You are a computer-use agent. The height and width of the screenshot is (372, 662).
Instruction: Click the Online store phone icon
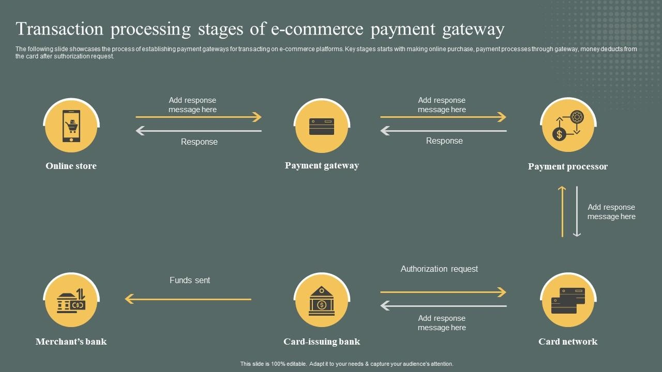tap(71, 126)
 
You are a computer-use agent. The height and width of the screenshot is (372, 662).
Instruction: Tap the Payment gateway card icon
tap(322, 127)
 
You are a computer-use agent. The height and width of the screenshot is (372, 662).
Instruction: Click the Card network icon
tap(568, 301)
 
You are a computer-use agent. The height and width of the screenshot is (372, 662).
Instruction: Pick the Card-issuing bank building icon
tap(322, 301)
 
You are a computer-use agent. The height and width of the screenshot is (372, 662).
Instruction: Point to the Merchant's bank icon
tap(71, 301)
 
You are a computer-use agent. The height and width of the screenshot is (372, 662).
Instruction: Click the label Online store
tap(71, 166)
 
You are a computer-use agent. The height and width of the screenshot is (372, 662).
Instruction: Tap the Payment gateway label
tap(322, 165)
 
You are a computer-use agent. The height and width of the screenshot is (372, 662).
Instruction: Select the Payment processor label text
tap(568, 166)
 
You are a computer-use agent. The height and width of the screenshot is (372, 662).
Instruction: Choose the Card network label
tap(568, 342)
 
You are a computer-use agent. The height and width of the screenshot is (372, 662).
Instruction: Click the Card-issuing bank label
tap(322, 342)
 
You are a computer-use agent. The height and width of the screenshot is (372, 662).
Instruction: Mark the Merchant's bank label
tap(71, 342)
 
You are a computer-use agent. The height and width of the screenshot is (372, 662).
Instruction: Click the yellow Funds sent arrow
tap(188, 299)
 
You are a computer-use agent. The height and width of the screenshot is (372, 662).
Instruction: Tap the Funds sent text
tap(190, 280)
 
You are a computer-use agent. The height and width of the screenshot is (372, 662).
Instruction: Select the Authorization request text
tap(439, 269)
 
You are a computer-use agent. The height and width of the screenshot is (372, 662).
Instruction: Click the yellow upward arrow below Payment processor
tap(562, 211)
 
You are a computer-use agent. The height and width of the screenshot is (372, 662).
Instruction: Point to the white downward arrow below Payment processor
tap(577, 211)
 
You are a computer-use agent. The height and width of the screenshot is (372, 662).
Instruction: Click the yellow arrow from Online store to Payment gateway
tap(199, 117)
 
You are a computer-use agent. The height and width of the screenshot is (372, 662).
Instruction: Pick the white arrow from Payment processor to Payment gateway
tap(443, 131)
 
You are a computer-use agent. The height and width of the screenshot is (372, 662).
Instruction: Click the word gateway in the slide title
tap(473, 29)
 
